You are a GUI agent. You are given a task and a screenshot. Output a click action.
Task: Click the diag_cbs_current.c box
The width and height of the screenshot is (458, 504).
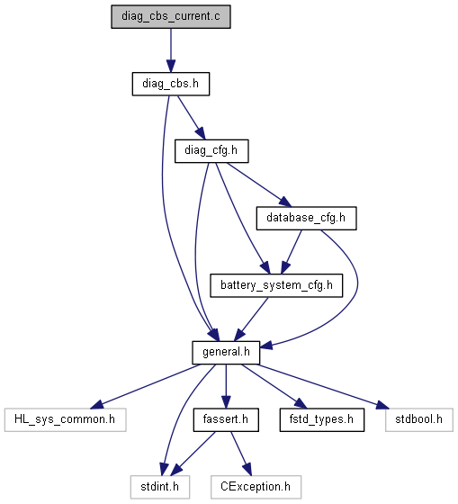(x=171, y=17)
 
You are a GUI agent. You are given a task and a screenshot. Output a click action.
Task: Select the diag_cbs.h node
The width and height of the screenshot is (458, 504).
(x=171, y=84)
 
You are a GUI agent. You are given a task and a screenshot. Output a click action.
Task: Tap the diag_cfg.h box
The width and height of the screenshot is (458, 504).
(x=211, y=151)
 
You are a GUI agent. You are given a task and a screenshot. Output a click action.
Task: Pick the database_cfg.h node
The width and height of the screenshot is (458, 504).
(x=306, y=218)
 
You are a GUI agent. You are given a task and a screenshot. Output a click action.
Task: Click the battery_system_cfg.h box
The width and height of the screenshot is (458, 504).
(x=276, y=285)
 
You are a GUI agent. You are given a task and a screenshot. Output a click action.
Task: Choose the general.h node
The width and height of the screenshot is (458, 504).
(x=226, y=353)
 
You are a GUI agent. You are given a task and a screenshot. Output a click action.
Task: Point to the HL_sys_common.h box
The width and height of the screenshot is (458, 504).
(x=66, y=419)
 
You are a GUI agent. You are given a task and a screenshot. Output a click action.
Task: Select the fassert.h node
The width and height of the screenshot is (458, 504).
(x=226, y=419)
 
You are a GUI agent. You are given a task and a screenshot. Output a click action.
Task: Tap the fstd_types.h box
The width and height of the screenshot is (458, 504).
(x=322, y=419)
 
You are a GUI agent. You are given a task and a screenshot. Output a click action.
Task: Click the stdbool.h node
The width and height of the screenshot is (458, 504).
(x=419, y=419)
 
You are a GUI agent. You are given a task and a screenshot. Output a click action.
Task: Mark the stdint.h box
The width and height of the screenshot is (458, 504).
(x=160, y=487)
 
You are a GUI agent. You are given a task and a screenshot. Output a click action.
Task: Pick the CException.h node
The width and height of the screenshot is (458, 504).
(x=256, y=487)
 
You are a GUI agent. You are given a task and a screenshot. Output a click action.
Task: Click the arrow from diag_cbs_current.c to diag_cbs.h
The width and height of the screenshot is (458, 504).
(x=171, y=50)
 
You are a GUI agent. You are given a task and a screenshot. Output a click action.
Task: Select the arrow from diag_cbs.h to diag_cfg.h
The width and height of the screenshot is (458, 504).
(x=191, y=117)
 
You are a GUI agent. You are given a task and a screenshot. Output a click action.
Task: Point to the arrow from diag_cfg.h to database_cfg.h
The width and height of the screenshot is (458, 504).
(x=259, y=184)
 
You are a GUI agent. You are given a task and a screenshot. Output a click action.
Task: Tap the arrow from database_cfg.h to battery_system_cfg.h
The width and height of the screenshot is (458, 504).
(x=292, y=252)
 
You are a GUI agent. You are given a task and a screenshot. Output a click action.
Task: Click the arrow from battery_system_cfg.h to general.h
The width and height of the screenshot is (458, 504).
(x=251, y=319)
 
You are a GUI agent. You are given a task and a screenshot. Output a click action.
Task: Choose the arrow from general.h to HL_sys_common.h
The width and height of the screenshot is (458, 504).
(x=145, y=387)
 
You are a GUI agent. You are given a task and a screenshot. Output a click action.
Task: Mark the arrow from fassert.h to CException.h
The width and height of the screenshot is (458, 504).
(x=241, y=454)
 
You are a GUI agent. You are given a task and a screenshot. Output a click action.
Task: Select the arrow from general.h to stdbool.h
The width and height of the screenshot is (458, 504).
(x=323, y=387)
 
